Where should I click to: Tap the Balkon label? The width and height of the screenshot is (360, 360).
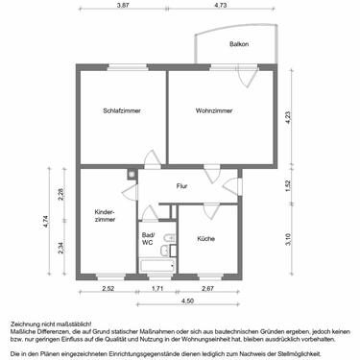[238, 45]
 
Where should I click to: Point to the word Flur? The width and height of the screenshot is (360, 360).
[181, 186]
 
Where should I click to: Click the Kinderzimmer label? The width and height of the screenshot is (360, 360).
[105, 216]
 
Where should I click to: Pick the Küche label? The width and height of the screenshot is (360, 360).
[205, 237]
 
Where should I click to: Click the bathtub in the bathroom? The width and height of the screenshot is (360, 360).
[154, 263]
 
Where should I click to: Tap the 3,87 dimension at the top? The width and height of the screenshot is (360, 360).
[123, 6]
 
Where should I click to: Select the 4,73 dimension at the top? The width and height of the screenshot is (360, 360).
[220, 6]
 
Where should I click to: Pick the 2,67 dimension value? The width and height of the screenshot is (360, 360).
[206, 288]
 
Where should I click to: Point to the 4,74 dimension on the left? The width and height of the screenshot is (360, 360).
[46, 223]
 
